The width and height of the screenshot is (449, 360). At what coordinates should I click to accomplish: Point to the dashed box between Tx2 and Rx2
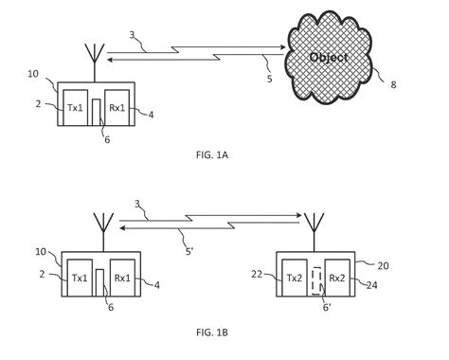click(x=316, y=282)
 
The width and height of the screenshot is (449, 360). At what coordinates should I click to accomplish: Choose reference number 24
click(x=372, y=283)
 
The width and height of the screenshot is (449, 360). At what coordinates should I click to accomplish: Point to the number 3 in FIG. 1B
click(x=139, y=204)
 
